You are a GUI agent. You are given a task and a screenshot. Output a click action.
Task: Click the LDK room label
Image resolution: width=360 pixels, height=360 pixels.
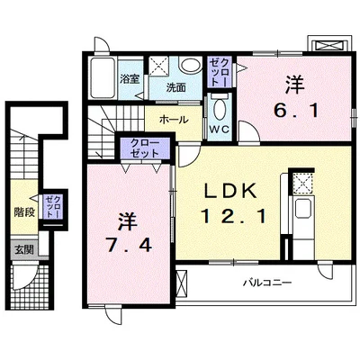(x=230, y=191)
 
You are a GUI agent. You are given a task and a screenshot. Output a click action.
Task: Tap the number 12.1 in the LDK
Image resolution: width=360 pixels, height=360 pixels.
(x=234, y=217)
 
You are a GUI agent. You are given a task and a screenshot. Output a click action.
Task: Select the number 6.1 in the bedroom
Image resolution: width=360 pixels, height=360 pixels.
(x=295, y=112)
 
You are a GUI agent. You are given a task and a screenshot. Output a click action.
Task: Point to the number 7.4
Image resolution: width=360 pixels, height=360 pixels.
(x=129, y=247)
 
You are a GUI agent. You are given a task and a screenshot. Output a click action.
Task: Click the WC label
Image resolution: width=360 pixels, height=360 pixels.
(x=219, y=130)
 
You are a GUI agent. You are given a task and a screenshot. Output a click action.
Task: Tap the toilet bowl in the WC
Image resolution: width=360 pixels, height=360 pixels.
(x=220, y=108)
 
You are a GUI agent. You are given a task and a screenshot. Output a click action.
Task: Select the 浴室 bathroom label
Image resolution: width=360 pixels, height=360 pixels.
(x=130, y=79)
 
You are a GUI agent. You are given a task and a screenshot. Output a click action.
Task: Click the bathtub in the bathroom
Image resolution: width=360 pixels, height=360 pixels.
(x=103, y=77)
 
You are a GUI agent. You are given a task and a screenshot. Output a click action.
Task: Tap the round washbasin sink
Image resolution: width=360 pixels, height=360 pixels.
(x=191, y=65)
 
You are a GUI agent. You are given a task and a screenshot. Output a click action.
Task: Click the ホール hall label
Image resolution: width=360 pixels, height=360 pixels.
(x=174, y=120)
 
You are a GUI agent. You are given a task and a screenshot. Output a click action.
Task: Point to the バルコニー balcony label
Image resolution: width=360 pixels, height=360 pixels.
(x=267, y=283)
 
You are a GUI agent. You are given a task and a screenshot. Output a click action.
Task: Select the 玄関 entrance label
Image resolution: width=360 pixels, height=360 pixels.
(x=24, y=249)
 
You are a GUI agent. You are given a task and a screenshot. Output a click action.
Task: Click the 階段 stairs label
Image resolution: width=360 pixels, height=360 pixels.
(x=24, y=212)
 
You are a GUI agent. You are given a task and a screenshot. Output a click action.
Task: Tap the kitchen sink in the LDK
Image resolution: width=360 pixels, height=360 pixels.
(x=303, y=208)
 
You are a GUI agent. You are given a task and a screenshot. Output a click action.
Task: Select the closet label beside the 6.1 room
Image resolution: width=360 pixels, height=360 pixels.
(x=220, y=72)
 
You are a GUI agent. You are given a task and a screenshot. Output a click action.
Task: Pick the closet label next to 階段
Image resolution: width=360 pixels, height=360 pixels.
(x=53, y=207)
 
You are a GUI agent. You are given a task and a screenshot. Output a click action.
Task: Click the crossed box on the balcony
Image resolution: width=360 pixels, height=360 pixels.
(x=182, y=283)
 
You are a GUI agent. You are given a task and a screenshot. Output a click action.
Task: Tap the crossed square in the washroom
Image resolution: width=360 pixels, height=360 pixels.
(x=159, y=66)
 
